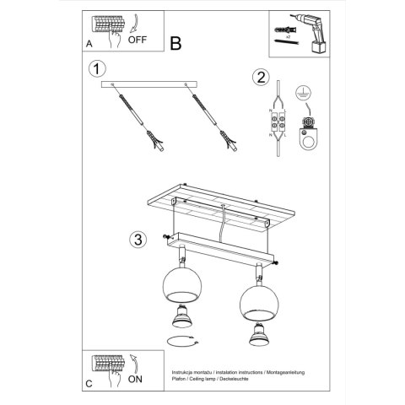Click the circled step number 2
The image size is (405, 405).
pos(260,78)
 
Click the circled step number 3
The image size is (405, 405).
pos(138,238)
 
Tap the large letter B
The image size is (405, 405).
pos(176,42)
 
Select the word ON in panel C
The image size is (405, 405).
pos(136,380)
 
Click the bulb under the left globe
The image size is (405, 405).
pos(181,317)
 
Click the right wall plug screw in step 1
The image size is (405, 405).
pos(210,117)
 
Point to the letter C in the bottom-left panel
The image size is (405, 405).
pos(89,386)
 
